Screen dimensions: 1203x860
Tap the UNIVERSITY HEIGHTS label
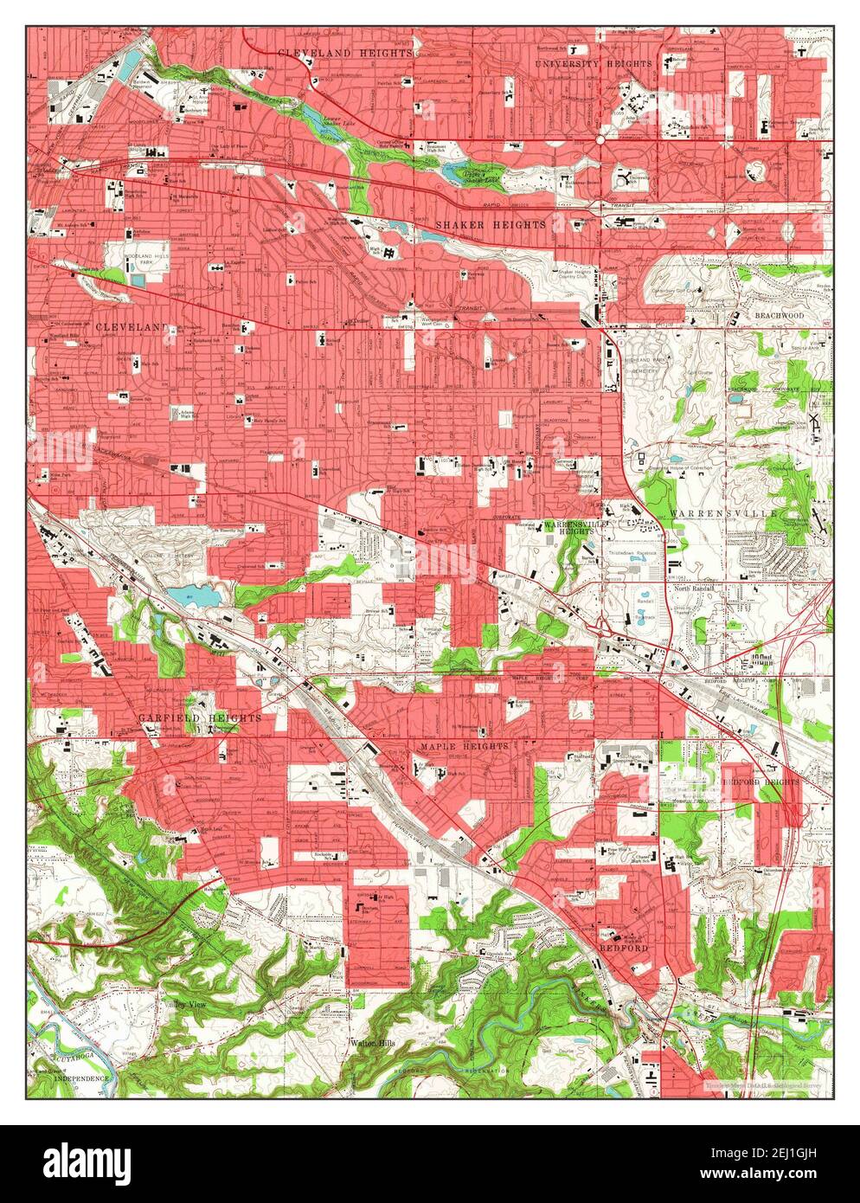[591, 64]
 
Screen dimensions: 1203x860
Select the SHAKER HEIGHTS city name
[490, 224]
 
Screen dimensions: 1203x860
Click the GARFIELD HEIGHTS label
[199, 718]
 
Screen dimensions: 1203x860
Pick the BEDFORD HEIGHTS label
[760, 782]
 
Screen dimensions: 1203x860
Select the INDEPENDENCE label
[82, 1078]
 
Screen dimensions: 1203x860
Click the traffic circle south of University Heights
[599, 138]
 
